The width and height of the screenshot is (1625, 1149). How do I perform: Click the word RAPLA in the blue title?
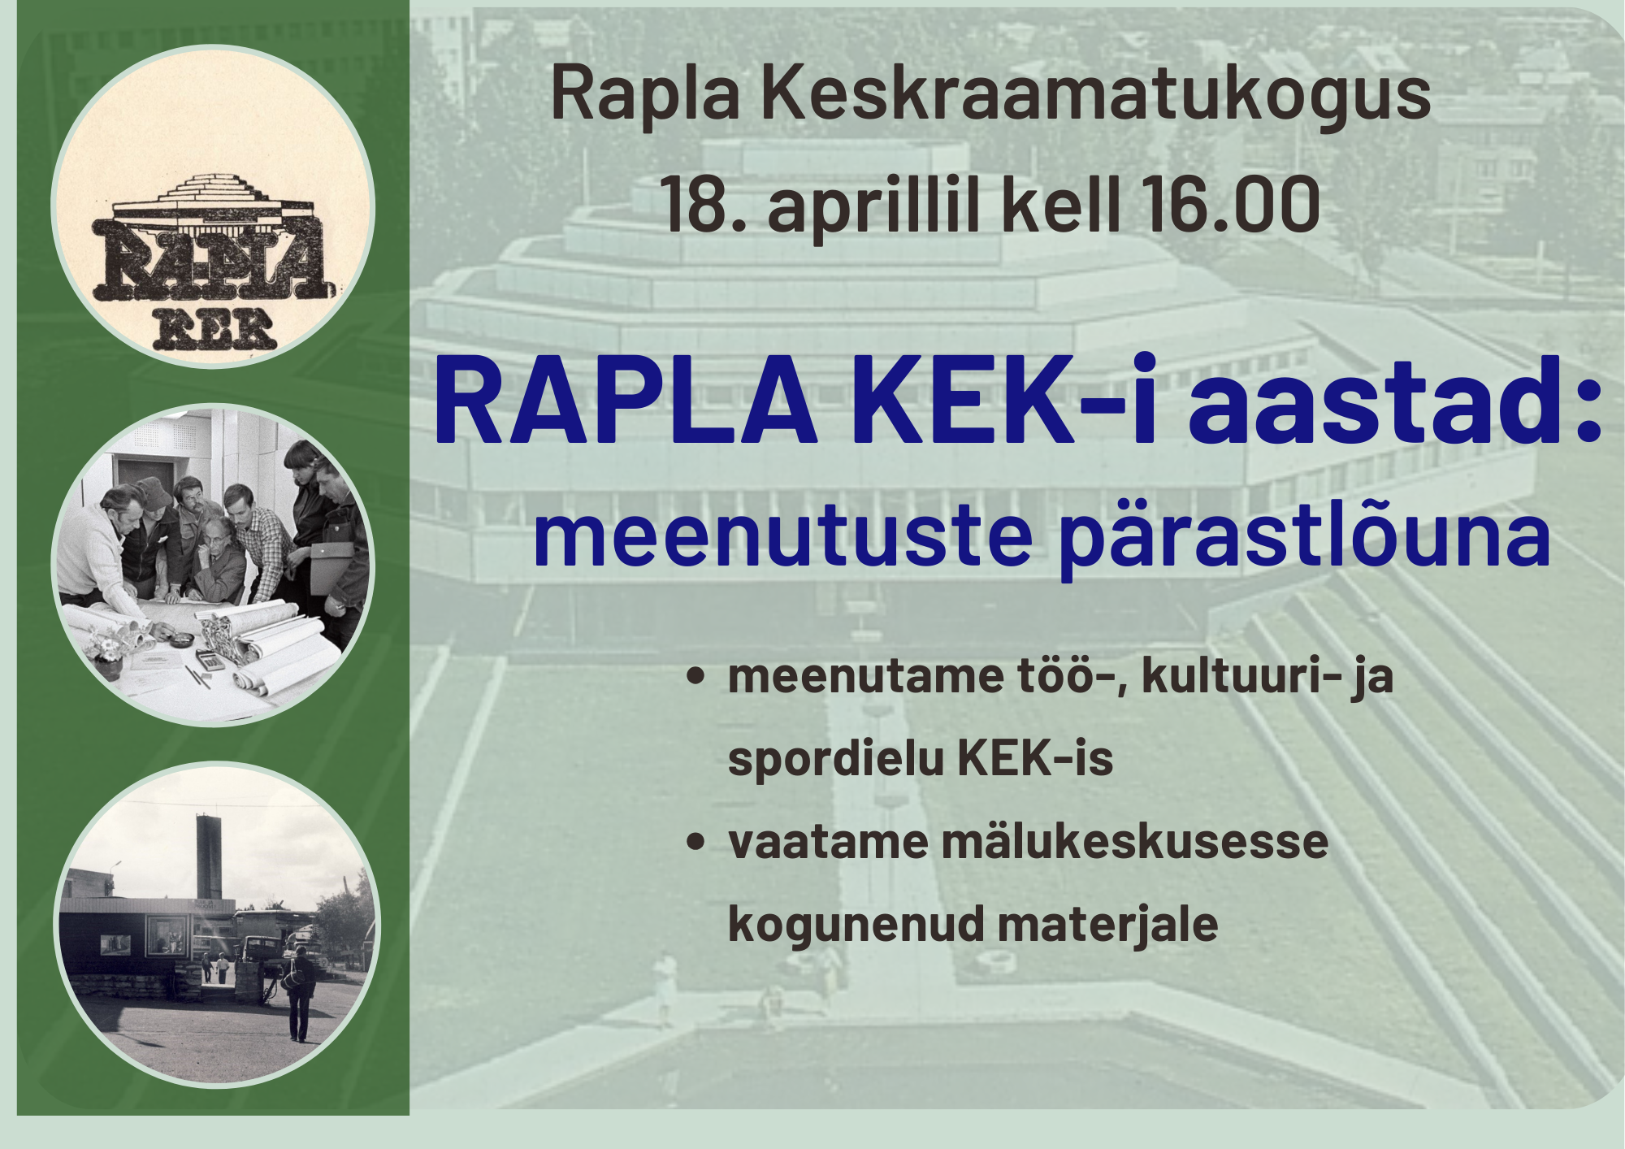pos(625,403)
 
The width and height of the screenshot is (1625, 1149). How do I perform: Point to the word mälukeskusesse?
pos(1134,842)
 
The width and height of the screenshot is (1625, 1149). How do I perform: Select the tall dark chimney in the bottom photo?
pos(209,857)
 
